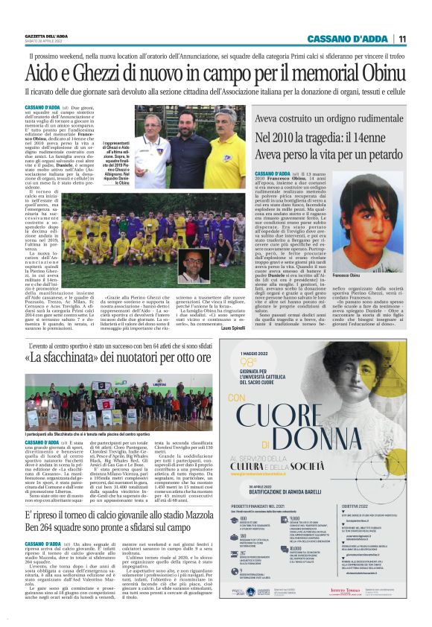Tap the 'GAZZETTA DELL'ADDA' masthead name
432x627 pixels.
[x=49, y=35]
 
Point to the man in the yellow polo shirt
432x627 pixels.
[x=223, y=140]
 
